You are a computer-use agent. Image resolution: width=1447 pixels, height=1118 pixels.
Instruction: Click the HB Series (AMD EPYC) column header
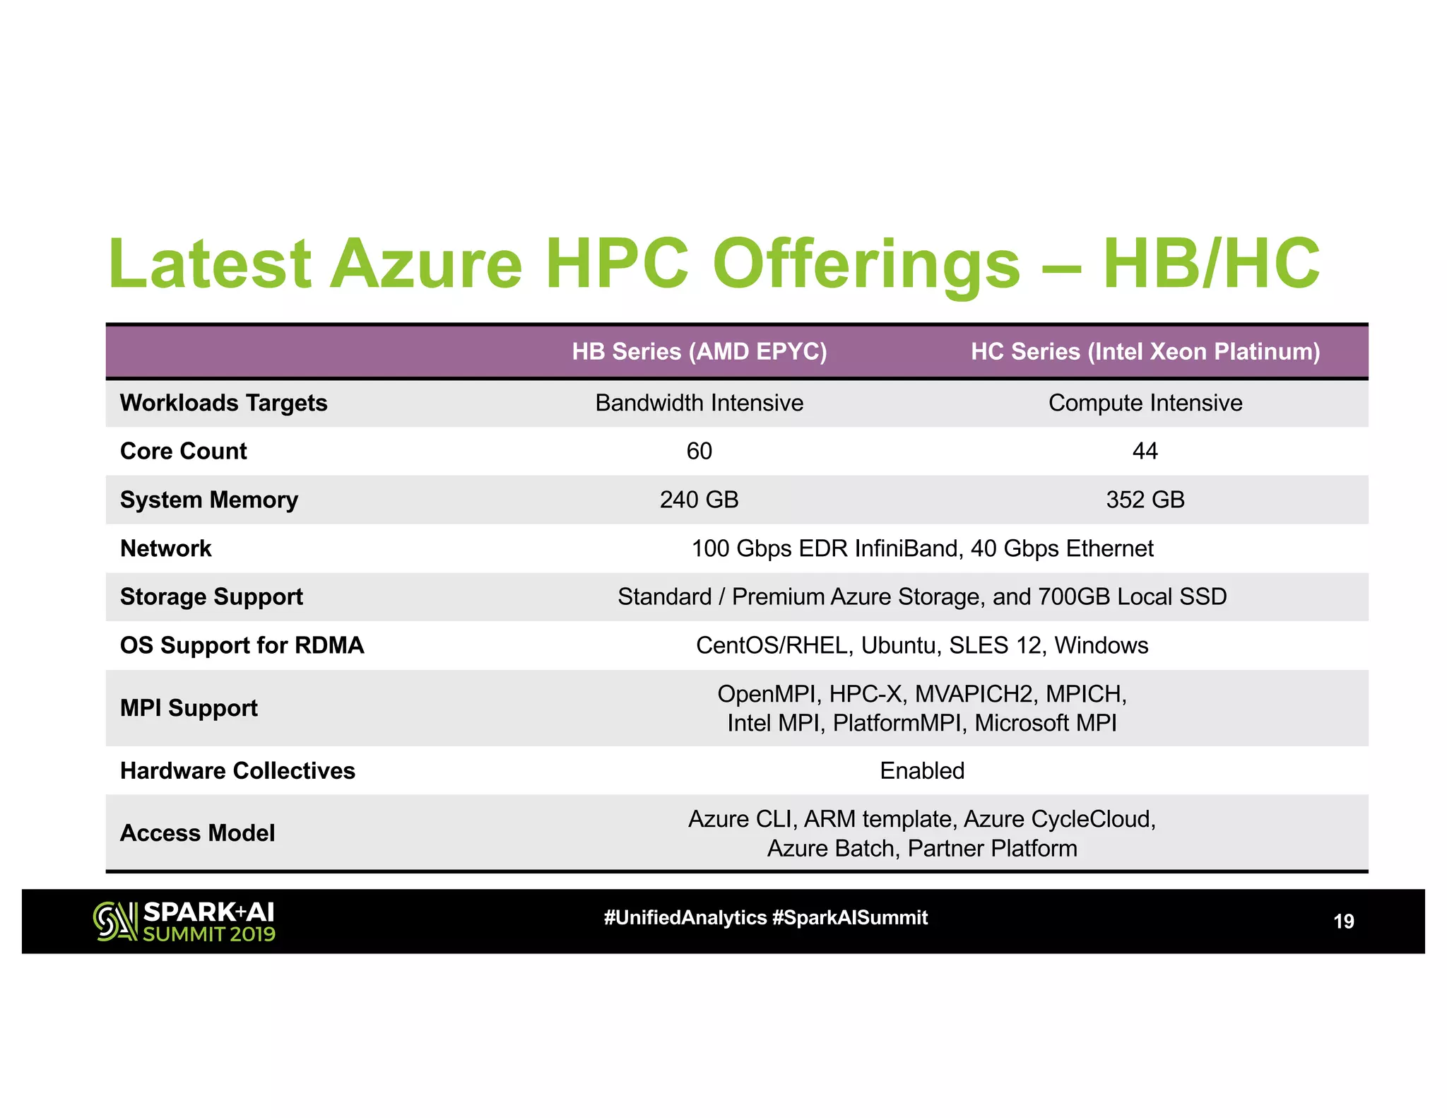pos(699,351)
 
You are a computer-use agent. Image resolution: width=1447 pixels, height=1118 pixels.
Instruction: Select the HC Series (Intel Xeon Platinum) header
pos(1145,351)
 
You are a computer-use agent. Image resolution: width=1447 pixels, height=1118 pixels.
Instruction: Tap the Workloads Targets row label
pos(223,403)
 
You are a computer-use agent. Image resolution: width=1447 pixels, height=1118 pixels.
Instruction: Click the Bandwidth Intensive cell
pos(699,403)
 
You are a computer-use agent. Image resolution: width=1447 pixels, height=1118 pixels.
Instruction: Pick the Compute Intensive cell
pos(1145,403)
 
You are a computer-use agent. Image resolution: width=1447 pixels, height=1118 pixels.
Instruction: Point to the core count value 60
pos(699,451)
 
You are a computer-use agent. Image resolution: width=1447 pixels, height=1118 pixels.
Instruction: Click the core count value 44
pos(1145,451)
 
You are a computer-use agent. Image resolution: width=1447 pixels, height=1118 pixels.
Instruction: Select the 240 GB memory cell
pos(699,500)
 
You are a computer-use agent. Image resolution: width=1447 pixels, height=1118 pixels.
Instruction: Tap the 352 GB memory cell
pos(1145,500)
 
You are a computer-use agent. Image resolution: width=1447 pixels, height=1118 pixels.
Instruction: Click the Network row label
pos(165,548)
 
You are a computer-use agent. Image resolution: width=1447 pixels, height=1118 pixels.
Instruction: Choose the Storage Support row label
pos(211,596)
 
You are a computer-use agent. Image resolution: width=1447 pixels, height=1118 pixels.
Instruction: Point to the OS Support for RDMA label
pos(242,645)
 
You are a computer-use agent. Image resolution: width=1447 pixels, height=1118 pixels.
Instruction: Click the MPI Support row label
pos(189,708)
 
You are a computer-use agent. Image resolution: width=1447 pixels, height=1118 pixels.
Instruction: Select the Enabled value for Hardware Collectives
pos(922,770)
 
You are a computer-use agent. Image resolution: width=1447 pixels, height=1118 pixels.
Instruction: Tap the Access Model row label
pos(197,833)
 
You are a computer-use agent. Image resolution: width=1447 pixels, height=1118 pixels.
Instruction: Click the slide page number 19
pos(1343,922)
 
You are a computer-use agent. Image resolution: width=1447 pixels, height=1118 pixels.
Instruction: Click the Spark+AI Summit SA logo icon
pos(114,922)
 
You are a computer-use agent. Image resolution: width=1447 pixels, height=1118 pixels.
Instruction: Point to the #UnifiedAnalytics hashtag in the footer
pos(685,918)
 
